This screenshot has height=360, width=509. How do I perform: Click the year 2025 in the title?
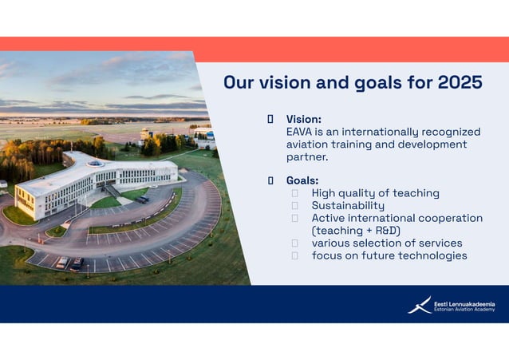click(460, 83)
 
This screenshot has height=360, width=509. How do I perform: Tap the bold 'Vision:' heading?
click(304, 119)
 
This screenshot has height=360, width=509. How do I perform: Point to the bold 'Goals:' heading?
click(302, 180)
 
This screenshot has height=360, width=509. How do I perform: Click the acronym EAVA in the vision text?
click(302, 132)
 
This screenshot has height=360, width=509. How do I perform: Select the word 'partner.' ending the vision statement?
click(307, 157)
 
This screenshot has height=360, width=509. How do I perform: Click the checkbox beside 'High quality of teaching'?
click(294, 193)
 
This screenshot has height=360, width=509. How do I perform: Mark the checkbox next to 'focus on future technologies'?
click(294, 255)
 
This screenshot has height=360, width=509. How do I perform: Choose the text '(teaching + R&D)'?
click(355, 231)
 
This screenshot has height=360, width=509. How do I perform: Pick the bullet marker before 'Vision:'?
click(270, 119)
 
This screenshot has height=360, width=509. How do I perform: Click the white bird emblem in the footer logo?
click(419, 305)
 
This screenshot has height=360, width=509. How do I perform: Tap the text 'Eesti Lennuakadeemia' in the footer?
click(464, 303)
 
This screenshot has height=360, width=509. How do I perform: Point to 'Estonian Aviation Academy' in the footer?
click(464, 310)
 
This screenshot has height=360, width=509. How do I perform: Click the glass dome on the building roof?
click(96, 163)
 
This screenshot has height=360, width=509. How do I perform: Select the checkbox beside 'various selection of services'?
click(294, 243)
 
